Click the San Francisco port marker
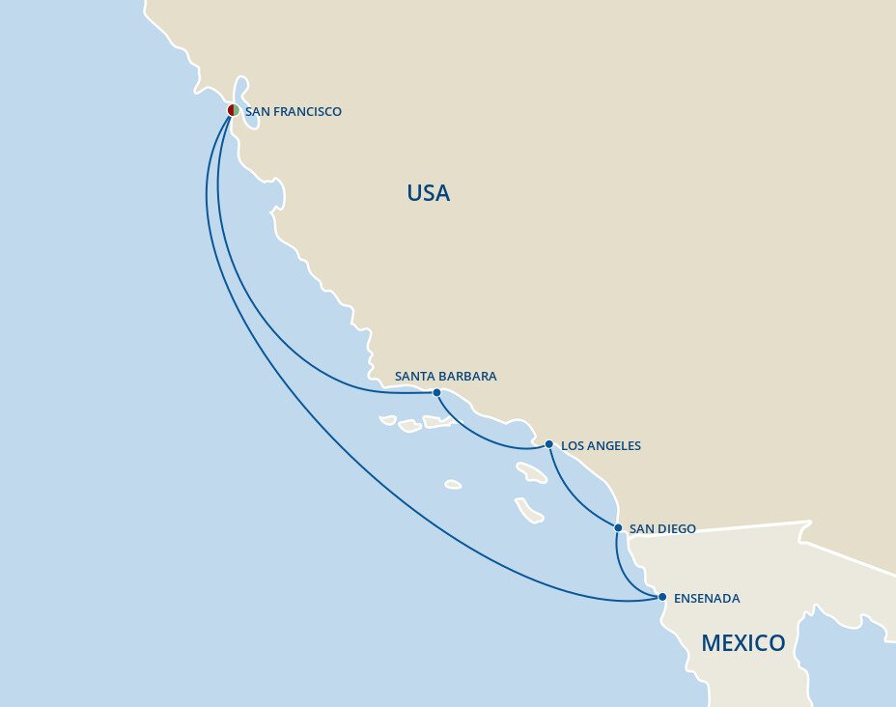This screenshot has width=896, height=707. (x=233, y=110)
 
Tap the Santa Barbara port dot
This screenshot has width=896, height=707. (x=436, y=392)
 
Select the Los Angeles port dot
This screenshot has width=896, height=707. (x=548, y=444)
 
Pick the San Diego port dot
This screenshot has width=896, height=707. (x=618, y=527)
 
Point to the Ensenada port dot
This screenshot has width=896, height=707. (x=662, y=597)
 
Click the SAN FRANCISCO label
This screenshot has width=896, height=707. (x=293, y=112)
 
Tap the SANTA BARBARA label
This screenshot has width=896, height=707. (x=445, y=377)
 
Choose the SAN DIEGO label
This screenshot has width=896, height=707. (x=661, y=529)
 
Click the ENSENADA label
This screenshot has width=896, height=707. (x=707, y=599)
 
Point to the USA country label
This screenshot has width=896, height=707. (x=428, y=193)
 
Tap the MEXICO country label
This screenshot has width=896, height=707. (x=742, y=643)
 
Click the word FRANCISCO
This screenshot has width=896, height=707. (x=307, y=112)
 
